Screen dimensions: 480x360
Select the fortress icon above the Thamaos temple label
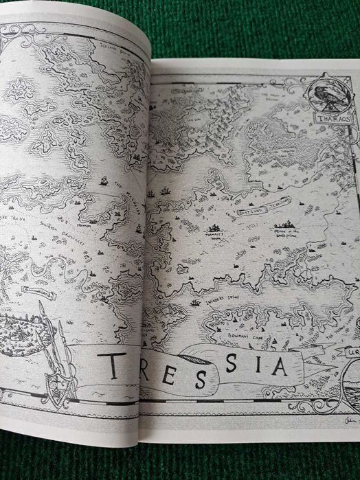coord(214,227)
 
